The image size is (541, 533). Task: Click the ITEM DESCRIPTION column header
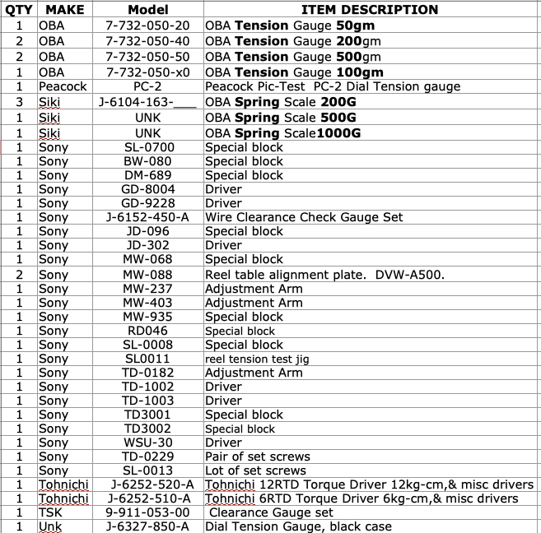tap(369, 10)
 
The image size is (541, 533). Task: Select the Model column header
tap(148, 10)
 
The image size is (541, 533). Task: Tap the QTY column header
tap(18, 10)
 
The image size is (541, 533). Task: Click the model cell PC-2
tap(148, 86)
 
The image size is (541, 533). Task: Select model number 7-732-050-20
tap(148, 25)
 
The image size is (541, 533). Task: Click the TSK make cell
tap(51, 512)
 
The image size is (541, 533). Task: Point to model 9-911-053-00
tap(148, 512)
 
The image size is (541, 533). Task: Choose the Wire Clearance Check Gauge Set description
tap(304, 217)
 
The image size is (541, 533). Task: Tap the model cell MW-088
tap(148, 274)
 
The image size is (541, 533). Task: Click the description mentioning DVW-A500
tap(324, 274)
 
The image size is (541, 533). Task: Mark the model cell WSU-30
tap(148, 443)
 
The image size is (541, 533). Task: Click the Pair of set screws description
tap(258, 457)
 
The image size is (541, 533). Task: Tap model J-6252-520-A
tap(148, 484)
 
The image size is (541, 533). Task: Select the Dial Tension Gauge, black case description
tap(298, 526)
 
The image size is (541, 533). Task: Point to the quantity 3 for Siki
tap(18, 102)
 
